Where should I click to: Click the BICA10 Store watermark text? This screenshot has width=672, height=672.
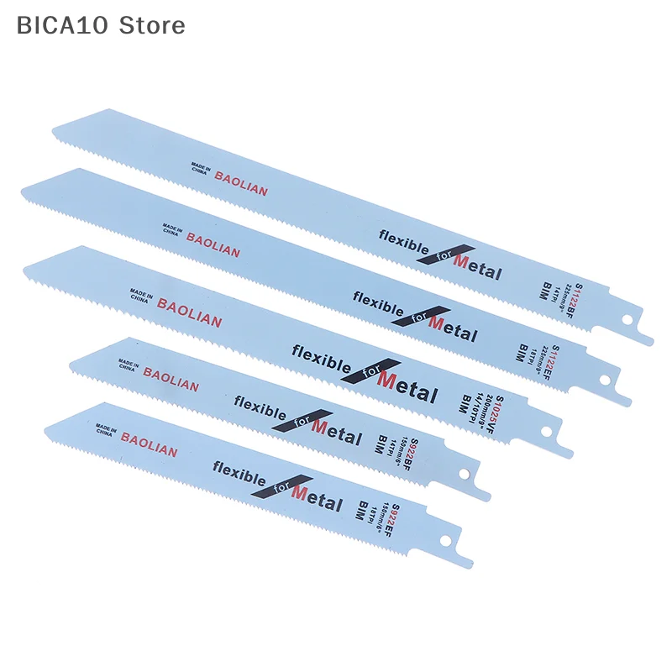(x=101, y=25)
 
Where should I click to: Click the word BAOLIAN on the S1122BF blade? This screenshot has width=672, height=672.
(x=241, y=183)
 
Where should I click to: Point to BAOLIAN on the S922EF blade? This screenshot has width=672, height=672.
(x=150, y=444)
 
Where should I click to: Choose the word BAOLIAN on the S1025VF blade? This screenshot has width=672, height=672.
(x=189, y=313)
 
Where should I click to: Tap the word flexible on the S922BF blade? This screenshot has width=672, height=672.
(x=261, y=410)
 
